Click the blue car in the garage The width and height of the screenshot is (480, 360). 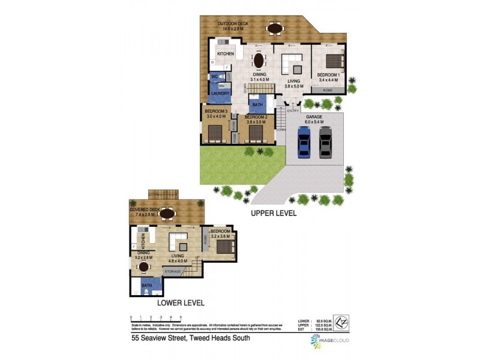(x=305, y=142)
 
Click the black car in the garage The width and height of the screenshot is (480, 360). (x=325, y=142)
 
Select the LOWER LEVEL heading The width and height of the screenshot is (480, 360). (x=181, y=303)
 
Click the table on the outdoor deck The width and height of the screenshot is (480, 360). (x=275, y=28)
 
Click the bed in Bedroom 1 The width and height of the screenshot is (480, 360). (x=332, y=60)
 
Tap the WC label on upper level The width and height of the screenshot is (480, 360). (x=214, y=77)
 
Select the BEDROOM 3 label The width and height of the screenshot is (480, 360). (x=216, y=112)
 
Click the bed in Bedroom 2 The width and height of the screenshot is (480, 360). (x=256, y=133)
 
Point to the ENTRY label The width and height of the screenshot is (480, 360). (x=293, y=110)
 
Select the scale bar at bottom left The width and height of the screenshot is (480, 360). (x=156, y=319)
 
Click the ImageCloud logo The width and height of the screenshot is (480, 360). (x=329, y=340)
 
